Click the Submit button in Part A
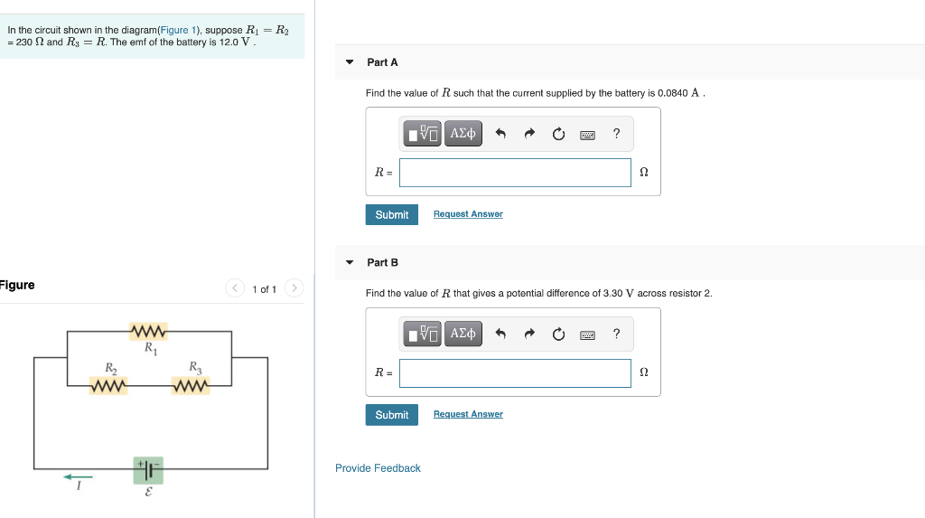(x=392, y=215)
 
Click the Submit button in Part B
(x=392, y=415)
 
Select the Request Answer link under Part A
(x=468, y=214)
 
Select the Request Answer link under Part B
(x=468, y=414)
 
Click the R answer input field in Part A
(x=515, y=173)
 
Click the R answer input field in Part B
(x=515, y=373)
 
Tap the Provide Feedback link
(x=378, y=468)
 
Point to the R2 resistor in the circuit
(x=108, y=386)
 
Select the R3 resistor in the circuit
(x=191, y=386)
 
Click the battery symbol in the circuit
(x=148, y=469)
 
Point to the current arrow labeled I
(x=79, y=478)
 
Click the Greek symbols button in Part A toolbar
(x=462, y=134)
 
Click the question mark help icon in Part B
(x=616, y=334)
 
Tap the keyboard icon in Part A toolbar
(x=587, y=135)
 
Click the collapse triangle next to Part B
(x=350, y=263)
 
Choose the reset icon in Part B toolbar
(x=558, y=335)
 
